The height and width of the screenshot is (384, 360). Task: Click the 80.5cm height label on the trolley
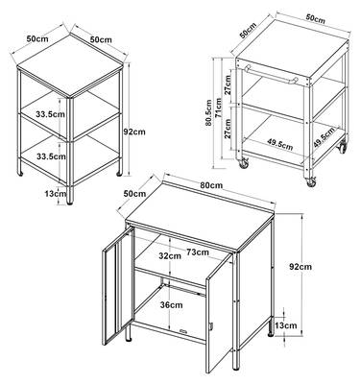[209, 112]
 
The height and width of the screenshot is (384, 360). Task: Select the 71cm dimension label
[219, 108]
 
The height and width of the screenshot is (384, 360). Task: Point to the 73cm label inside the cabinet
[198, 252]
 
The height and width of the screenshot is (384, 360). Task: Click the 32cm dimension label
[170, 255]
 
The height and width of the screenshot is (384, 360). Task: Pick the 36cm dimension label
[172, 305]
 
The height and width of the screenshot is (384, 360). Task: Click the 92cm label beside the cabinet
[300, 266]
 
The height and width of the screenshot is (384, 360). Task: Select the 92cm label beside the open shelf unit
[134, 132]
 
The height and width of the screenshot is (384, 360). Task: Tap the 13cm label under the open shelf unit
[56, 193]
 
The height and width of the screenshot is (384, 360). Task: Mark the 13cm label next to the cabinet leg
[286, 325]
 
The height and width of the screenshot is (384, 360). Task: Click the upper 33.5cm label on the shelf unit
[51, 114]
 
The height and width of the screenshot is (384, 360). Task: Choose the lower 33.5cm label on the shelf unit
[51, 156]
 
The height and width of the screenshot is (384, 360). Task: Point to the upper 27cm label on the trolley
[228, 85]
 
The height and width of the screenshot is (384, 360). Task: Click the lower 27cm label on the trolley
[228, 129]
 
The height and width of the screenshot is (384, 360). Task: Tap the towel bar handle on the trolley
[272, 74]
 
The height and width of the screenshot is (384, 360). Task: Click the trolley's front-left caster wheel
[244, 163]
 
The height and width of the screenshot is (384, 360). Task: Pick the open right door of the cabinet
[219, 312]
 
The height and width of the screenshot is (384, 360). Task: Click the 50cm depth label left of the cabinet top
[134, 194]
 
